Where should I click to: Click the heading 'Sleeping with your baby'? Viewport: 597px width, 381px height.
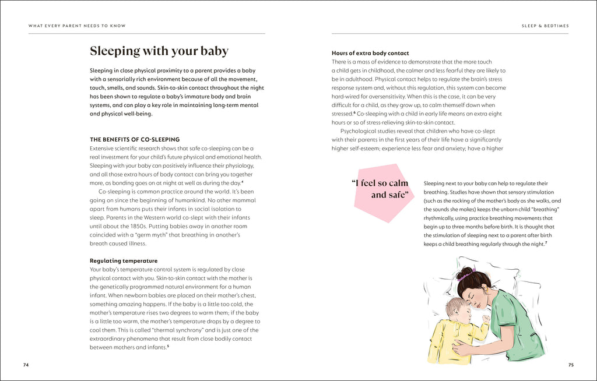[x=159, y=51]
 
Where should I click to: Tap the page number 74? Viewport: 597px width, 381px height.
[x=26, y=365]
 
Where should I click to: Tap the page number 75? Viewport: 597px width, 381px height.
[x=571, y=365]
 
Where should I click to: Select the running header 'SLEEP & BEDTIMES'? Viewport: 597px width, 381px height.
[x=545, y=26]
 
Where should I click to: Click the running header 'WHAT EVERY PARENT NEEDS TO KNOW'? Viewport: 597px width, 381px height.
[x=77, y=26]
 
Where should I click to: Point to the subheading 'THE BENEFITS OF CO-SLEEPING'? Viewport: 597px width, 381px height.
[x=135, y=139]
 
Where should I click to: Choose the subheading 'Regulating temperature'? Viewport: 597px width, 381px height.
[x=123, y=260]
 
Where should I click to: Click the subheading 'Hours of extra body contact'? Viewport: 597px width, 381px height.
[x=370, y=53]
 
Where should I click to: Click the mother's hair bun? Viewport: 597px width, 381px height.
[x=465, y=273]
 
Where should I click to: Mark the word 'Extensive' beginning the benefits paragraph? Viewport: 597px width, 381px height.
[x=103, y=149]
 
